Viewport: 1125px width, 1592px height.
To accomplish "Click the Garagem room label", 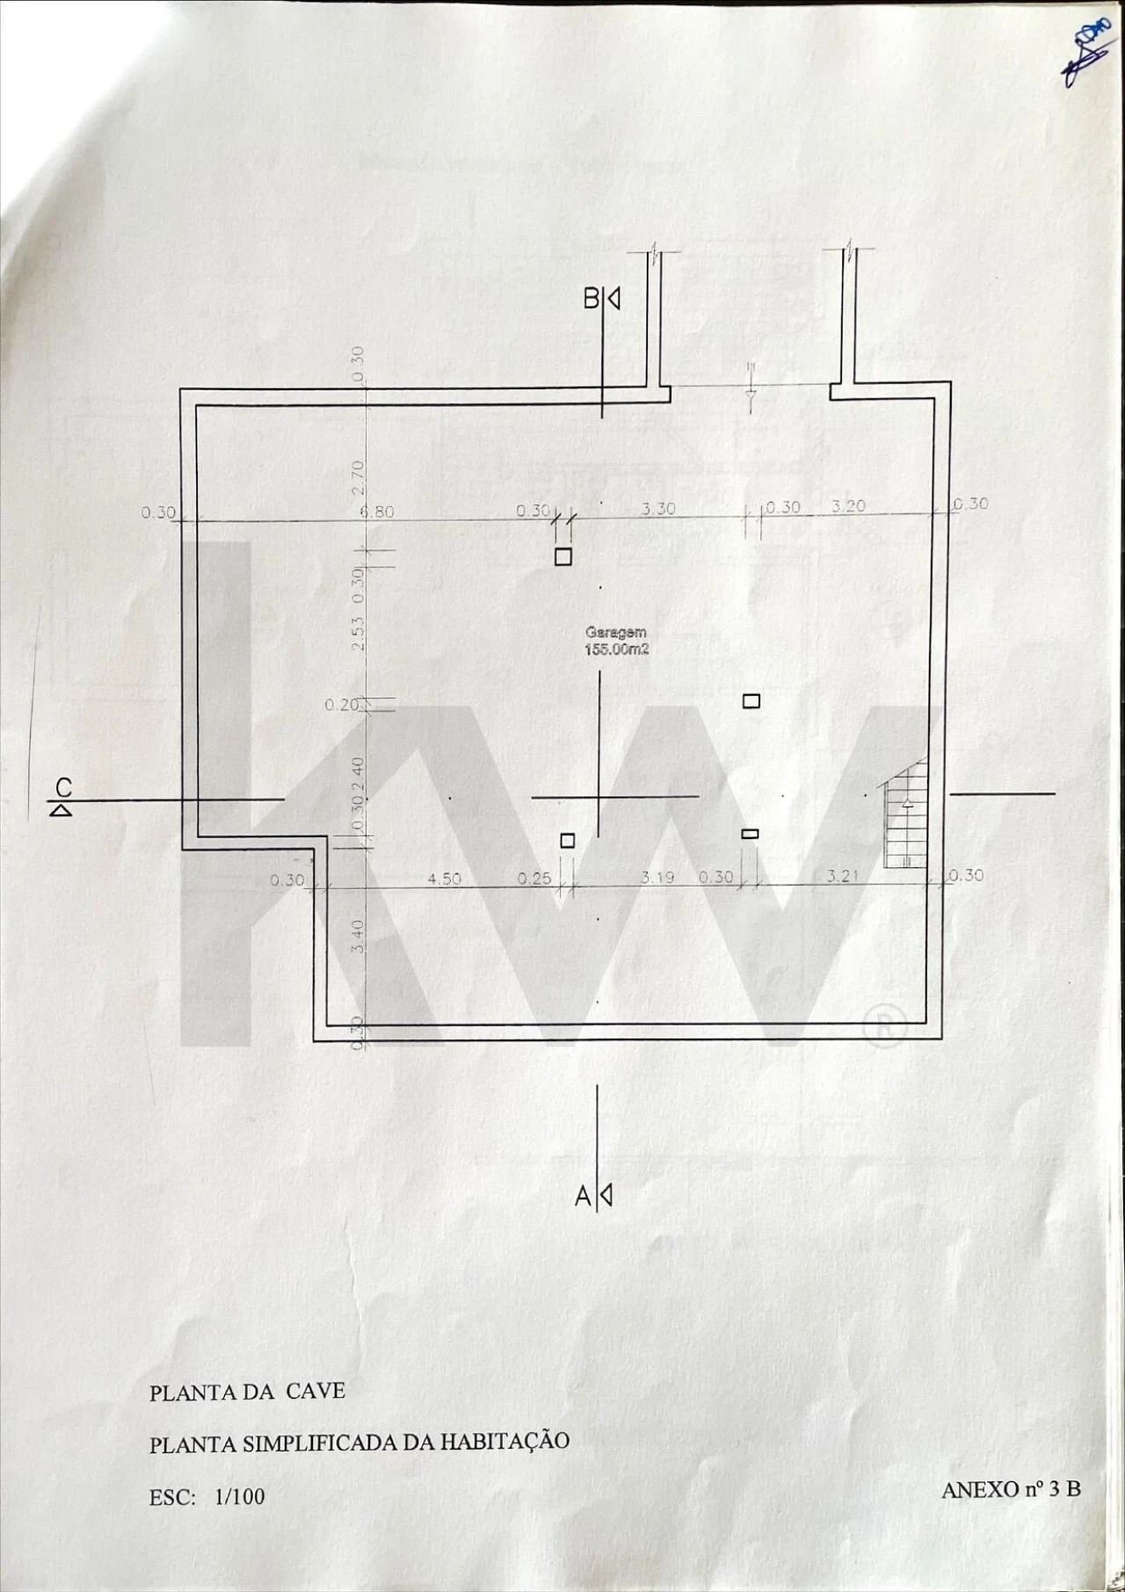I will pos(616,632).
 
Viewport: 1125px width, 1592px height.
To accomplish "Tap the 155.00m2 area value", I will pos(616,650).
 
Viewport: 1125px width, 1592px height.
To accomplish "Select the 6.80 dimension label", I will pos(377,512).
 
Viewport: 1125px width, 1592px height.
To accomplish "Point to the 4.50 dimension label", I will pos(444,879).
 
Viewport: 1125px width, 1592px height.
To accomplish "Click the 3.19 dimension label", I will pos(657,877).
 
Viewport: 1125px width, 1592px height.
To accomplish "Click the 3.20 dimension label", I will pos(848,506).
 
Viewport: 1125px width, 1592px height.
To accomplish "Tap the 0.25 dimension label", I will pos(534,879).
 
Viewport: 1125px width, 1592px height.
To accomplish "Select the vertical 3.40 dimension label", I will pos(358,937).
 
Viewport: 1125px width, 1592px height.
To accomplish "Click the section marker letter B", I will pos(592,299).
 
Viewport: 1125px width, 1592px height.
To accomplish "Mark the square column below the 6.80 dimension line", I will pos(563,557).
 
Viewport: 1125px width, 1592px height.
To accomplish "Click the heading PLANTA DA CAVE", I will pos(247,1392).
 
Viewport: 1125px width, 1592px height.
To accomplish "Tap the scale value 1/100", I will pos(239,1497).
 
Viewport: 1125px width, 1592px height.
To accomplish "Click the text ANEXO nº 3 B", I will pos(1011,1489).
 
